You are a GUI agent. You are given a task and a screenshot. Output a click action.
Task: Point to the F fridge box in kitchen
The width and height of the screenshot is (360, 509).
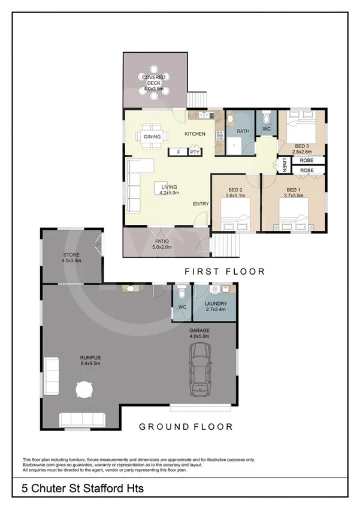coord(178,152)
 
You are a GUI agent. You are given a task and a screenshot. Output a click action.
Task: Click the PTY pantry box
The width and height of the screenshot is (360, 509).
coord(195,152)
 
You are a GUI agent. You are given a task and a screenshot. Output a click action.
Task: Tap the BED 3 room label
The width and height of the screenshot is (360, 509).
coord(302,146)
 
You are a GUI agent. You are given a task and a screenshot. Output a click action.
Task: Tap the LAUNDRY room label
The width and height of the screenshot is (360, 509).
coord(214,305)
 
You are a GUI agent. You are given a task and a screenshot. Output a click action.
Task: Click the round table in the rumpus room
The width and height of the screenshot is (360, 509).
coord(84,391)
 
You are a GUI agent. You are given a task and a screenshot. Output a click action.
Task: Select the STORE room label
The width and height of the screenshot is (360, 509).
coord(71,255)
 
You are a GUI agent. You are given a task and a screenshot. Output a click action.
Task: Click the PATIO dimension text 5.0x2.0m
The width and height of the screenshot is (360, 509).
coord(162,246)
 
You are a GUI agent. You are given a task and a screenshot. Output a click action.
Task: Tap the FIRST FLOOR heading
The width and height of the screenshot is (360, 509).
coord(224,272)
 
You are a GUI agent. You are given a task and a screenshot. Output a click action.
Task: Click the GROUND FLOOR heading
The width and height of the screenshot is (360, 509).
coord(186,427)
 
